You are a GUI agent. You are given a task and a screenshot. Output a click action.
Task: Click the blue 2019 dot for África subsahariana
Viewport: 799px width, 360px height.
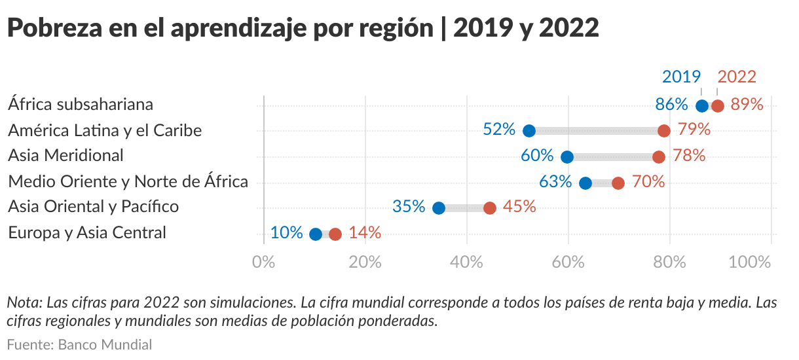(702, 106)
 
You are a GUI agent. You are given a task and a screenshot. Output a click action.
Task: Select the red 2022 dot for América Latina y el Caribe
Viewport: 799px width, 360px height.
(664, 131)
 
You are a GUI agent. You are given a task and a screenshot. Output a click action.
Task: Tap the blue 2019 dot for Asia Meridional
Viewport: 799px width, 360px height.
(567, 157)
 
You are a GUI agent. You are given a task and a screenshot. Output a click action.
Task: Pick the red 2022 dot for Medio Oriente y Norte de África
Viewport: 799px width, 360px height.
(618, 183)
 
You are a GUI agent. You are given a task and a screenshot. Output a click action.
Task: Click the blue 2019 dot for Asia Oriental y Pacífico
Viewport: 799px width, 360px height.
(439, 208)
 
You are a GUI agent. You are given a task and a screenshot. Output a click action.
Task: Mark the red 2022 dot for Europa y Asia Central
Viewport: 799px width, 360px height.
(335, 234)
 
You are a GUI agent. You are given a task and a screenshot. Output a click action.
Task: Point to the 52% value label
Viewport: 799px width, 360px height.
(499, 130)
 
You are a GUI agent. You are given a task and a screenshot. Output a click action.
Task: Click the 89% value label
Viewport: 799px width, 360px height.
(747, 105)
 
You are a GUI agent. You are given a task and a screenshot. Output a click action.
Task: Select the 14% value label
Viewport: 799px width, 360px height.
(365, 233)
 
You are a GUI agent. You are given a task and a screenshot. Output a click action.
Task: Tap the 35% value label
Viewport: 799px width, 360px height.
(409, 207)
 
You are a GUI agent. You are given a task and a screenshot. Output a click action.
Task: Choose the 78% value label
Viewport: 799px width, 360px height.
(689, 156)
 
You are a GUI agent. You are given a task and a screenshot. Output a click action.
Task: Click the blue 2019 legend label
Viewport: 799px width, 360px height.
(682, 77)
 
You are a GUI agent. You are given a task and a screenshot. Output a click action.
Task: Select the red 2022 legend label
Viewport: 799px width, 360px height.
(737, 77)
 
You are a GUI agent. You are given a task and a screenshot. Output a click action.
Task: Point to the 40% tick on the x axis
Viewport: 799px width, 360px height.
(467, 262)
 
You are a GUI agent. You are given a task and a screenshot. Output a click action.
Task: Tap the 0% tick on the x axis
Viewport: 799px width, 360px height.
(264, 262)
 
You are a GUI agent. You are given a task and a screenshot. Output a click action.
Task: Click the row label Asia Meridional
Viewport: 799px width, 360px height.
(65, 156)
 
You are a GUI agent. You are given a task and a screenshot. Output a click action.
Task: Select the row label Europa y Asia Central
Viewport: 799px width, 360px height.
(87, 233)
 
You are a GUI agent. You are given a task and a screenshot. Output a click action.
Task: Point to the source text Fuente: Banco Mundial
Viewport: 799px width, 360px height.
(79, 344)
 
